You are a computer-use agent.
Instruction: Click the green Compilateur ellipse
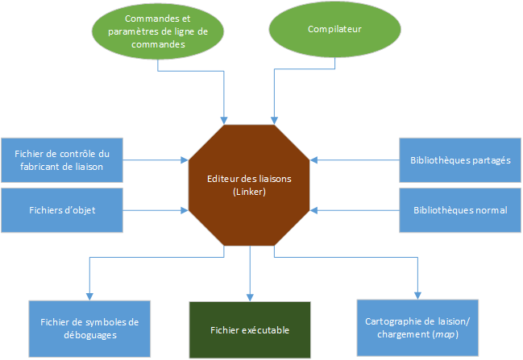[334, 30]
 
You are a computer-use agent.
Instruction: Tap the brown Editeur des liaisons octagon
[250, 184]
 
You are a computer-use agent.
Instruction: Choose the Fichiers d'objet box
[63, 209]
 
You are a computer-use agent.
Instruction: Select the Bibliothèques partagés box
[460, 159]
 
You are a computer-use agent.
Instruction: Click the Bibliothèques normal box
[460, 209]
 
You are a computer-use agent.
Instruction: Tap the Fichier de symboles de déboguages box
[89, 328]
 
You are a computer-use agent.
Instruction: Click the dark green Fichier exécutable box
[250, 329]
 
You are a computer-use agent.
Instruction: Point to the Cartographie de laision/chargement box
[417, 328]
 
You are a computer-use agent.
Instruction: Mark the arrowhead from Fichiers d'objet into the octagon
[185, 210]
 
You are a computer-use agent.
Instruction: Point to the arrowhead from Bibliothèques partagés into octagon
[315, 160]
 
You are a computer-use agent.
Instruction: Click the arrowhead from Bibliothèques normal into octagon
[315, 210]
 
